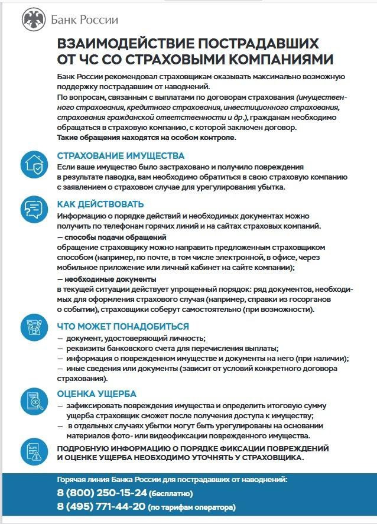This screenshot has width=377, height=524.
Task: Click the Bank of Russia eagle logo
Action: click(33, 20)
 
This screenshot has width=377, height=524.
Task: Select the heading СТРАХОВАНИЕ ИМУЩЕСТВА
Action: click(121, 157)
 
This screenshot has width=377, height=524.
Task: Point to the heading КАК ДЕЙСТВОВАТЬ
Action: click(100, 204)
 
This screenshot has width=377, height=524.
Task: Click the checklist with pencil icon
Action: click(33, 327)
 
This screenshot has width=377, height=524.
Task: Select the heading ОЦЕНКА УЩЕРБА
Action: click(97, 393)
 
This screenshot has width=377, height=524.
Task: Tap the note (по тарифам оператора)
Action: click(191, 507)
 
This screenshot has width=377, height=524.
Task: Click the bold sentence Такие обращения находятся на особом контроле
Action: click(146, 138)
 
